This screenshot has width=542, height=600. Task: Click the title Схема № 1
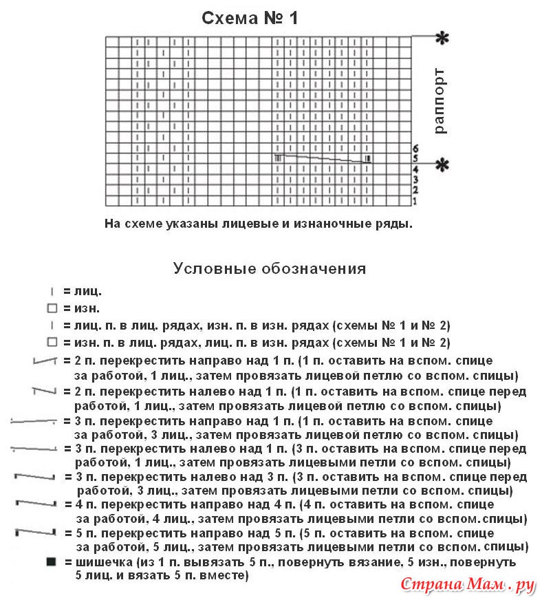click(250, 19)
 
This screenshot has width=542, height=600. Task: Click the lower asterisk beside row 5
click(442, 164)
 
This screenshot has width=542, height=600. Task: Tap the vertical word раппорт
click(440, 100)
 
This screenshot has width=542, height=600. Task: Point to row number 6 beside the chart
click(415, 148)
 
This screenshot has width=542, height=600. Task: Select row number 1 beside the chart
click(415, 201)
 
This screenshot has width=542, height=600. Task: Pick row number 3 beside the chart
click(415, 180)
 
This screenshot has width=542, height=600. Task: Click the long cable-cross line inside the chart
click(323, 159)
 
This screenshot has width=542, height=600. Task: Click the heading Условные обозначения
click(269, 268)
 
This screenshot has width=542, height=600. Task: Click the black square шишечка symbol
click(50, 562)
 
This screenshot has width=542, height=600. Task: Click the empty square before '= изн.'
click(51, 308)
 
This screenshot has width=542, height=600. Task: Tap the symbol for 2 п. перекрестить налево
click(44, 392)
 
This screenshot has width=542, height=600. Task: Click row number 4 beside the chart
click(415, 169)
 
